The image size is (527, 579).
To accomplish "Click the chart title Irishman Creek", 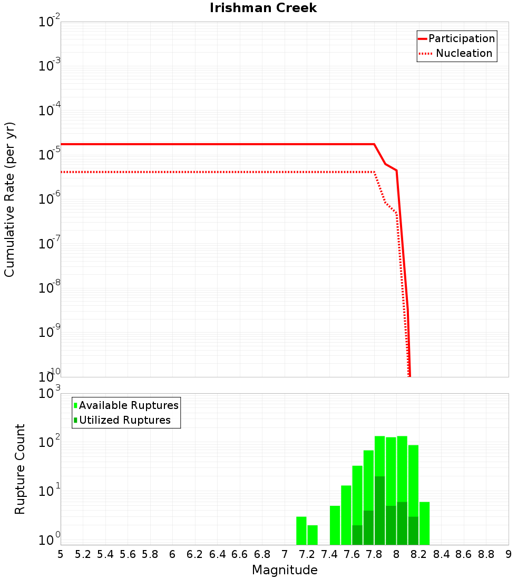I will [x=263, y=8].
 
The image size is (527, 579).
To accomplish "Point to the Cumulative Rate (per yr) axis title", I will [x=9, y=199].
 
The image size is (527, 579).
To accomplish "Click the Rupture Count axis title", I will [x=20, y=468].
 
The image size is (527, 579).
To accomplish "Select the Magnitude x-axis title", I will [x=285, y=570].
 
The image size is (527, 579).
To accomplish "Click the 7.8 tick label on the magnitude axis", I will [x=374, y=554].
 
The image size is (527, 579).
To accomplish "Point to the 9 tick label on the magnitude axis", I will [x=509, y=554].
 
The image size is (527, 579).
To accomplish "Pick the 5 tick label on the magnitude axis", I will [x=61, y=554].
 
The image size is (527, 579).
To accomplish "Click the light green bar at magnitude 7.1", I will [x=301, y=531].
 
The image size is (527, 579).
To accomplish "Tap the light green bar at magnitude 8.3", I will [x=424, y=523].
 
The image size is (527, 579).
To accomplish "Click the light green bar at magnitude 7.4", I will [x=335, y=525].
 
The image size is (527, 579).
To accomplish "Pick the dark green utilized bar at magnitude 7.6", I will [x=357, y=535].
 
